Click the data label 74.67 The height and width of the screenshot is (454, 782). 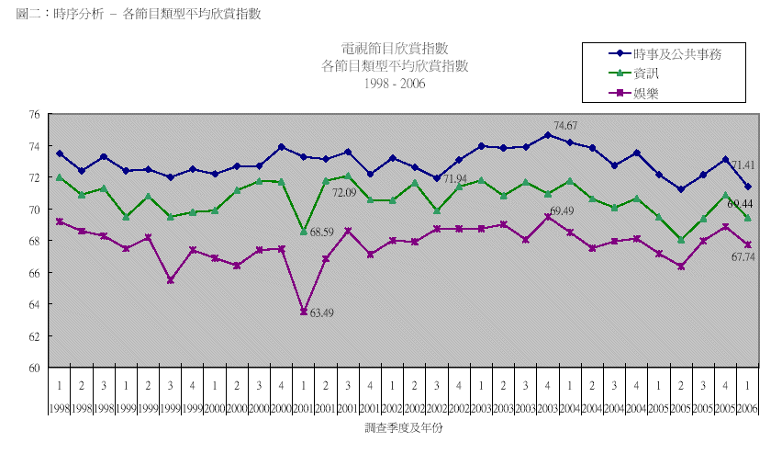coord(566,125)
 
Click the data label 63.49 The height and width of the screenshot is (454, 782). coord(321,314)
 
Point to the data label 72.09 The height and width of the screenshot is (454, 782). coord(344,193)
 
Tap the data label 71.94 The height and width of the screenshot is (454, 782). coord(456,178)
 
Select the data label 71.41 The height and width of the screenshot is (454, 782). coord(743,165)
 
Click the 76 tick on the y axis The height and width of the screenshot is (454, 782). coord(34,115)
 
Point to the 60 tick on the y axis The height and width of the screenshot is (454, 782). coord(34,368)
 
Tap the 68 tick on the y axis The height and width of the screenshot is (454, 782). coord(34,242)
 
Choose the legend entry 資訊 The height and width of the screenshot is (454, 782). coord(646,74)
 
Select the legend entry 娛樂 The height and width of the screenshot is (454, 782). coord(646,93)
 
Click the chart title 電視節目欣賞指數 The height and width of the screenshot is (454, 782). coord(395,49)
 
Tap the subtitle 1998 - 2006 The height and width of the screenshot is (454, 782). coord(395,83)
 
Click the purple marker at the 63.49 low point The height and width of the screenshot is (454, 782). coord(304,312)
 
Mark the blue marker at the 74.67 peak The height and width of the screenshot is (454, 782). coord(548,135)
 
